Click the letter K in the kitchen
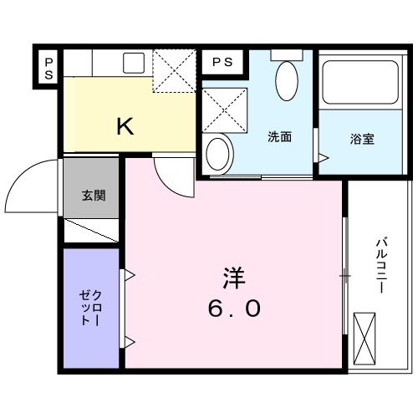coord(124,126)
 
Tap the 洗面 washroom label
coord(279,138)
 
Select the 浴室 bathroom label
coord(361,139)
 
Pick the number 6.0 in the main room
coord(234,309)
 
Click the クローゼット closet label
coord(91,310)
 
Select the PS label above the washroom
coord(222,62)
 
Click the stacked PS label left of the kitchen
coord(49,67)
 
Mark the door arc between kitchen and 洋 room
coord(172,176)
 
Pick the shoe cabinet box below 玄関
coord(91,231)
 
